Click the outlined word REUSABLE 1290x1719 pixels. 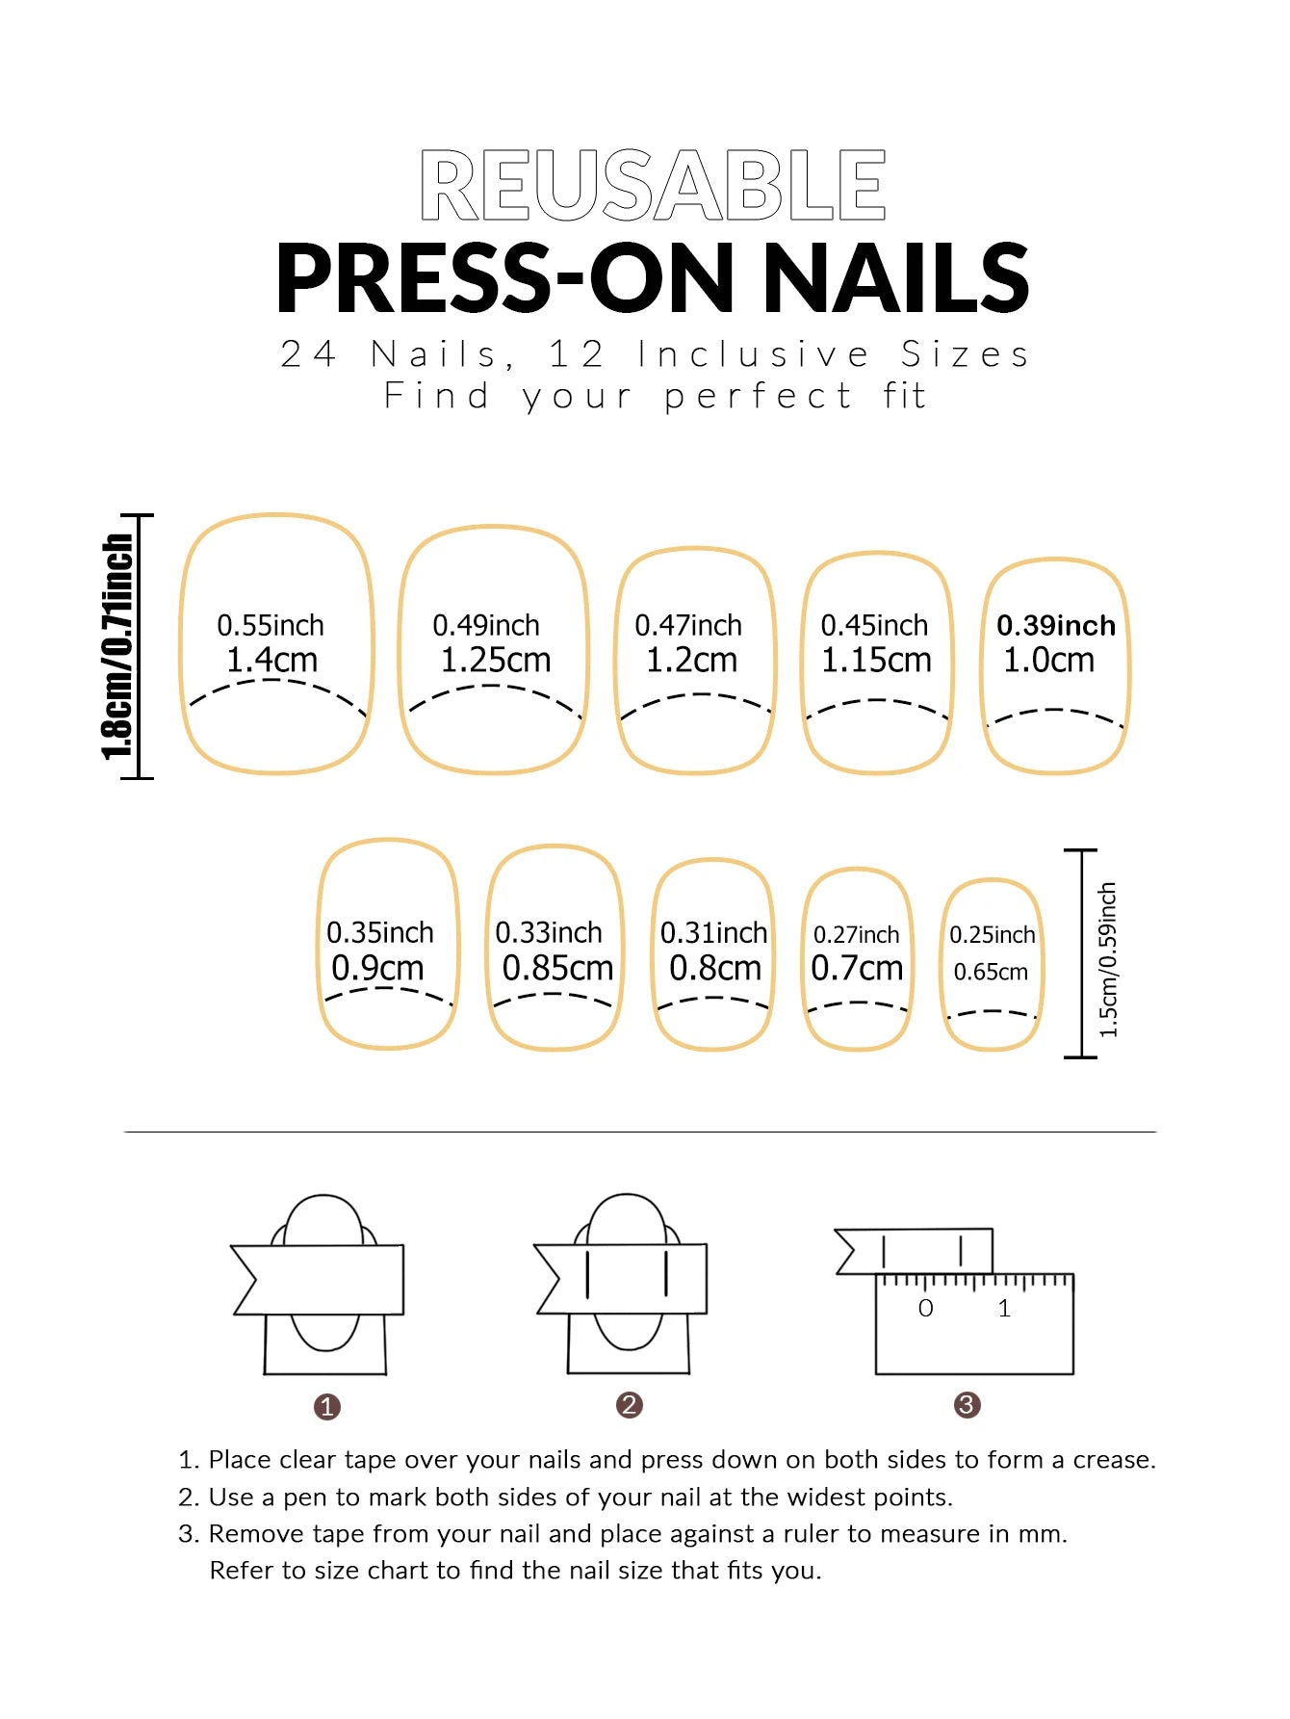point(653,186)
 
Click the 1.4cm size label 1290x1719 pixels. point(271,661)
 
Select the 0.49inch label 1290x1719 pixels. point(486,626)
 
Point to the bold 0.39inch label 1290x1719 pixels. point(1055,626)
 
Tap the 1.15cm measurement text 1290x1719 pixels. point(876,661)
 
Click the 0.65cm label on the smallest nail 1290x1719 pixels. point(991,972)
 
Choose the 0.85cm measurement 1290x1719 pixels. point(557,968)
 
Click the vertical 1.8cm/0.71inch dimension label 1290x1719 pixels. point(117,647)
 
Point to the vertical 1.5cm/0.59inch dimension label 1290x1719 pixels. point(1108,959)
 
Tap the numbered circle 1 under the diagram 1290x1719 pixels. point(327,1407)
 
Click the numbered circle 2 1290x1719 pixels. point(629,1405)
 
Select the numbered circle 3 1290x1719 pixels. point(967,1405)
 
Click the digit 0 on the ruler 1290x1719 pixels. point(925,1309)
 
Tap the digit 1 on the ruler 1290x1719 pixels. point(1004,1309)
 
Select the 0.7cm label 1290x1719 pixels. point(857,968)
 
